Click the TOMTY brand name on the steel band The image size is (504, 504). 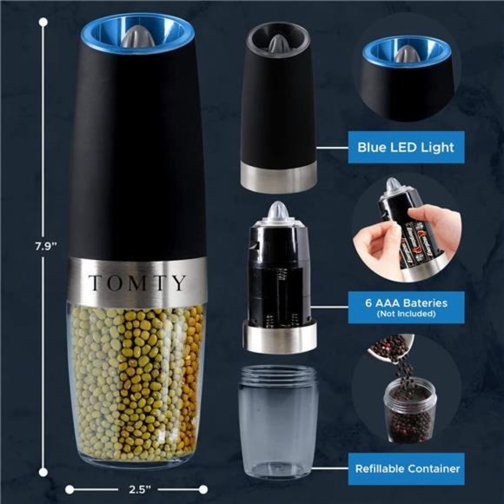(136, 283)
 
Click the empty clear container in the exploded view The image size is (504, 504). (278, 421)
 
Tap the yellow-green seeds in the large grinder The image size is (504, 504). (136, 374)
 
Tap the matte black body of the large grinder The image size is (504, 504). (136, 156)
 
